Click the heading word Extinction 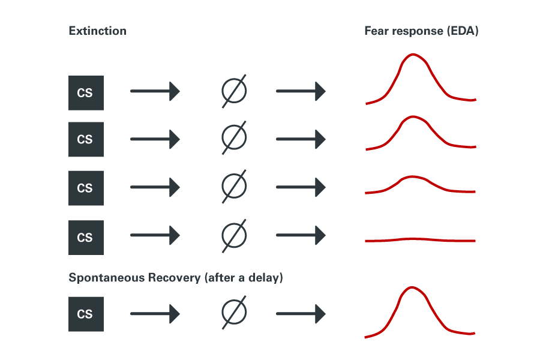tap(97, 31)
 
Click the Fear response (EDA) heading tap(421, 31)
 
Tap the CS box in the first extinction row tap(85, 92)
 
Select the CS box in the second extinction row tap(85, 140)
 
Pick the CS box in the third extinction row tap(85, 188)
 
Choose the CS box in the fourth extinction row tap(85, 238)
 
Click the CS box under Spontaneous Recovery tap(85, 314)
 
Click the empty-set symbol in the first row tap(234, 92)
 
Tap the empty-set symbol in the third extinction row tap(234, 188)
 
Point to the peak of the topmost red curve tap(413, 55)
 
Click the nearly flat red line tap(420, 240)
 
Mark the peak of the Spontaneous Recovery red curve tap(412, 287)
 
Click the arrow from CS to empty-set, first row tap(155, 92)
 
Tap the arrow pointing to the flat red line tap(301, 236)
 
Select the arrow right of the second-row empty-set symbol tap(301, 140)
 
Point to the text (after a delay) tap(244, 278)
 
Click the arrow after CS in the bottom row tap(155, 313)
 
